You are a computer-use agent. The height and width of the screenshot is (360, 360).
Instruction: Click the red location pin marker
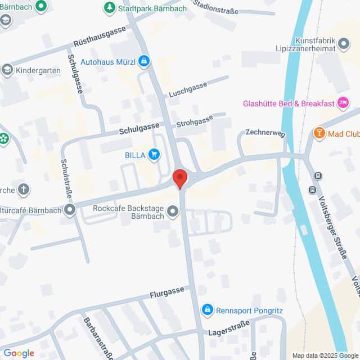coord(180,178)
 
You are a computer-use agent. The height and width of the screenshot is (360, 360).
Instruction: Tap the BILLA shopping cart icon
coord(154,154)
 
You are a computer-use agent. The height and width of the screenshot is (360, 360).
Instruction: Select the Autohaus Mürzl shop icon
coord(144,60)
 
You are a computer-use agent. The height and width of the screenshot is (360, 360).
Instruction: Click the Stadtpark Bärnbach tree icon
coord(109,8)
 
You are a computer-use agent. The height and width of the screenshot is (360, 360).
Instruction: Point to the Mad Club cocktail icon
coord(319,134)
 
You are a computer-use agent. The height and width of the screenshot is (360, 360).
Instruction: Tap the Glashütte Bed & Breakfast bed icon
coord(343,103)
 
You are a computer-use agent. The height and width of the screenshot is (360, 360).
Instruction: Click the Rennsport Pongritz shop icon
coord(208,309)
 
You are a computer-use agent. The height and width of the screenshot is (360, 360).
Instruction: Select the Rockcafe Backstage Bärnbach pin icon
coord(173,211)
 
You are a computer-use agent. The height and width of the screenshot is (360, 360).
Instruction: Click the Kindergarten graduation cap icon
coord(7,70)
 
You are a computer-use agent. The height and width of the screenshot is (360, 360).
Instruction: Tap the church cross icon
coord(24,189)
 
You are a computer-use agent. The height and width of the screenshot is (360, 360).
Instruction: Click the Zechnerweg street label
coord(265,133)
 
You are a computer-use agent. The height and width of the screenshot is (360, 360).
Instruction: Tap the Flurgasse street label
coord(166,291)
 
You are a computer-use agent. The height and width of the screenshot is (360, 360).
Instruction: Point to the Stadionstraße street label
coord(215,7)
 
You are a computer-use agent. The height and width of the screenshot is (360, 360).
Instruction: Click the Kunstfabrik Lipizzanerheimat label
coord(315,44)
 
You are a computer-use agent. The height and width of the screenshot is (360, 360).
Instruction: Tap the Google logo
coord(19,353)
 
